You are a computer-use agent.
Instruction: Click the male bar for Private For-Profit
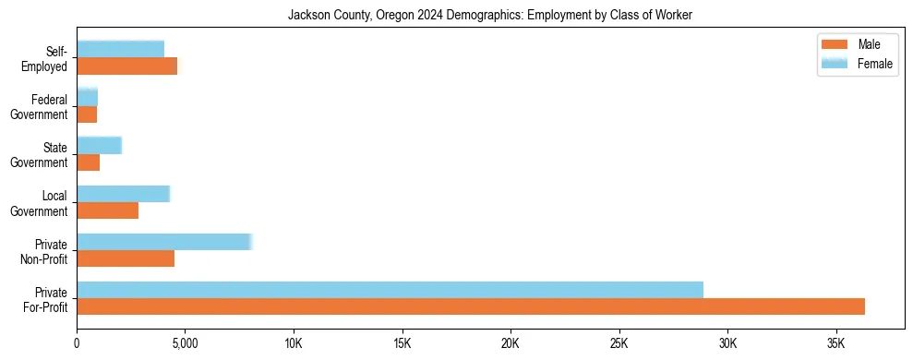[471, 306]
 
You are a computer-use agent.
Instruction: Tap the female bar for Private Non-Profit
[164, 242]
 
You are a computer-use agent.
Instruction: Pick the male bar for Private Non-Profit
[126, 258]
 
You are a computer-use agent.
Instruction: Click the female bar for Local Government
[123, 194]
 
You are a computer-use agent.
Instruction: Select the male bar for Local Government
[107, 210]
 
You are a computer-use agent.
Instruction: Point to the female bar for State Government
[99, 145]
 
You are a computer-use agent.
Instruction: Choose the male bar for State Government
[88, 162]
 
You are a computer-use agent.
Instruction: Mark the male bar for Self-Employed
[126, 66]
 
